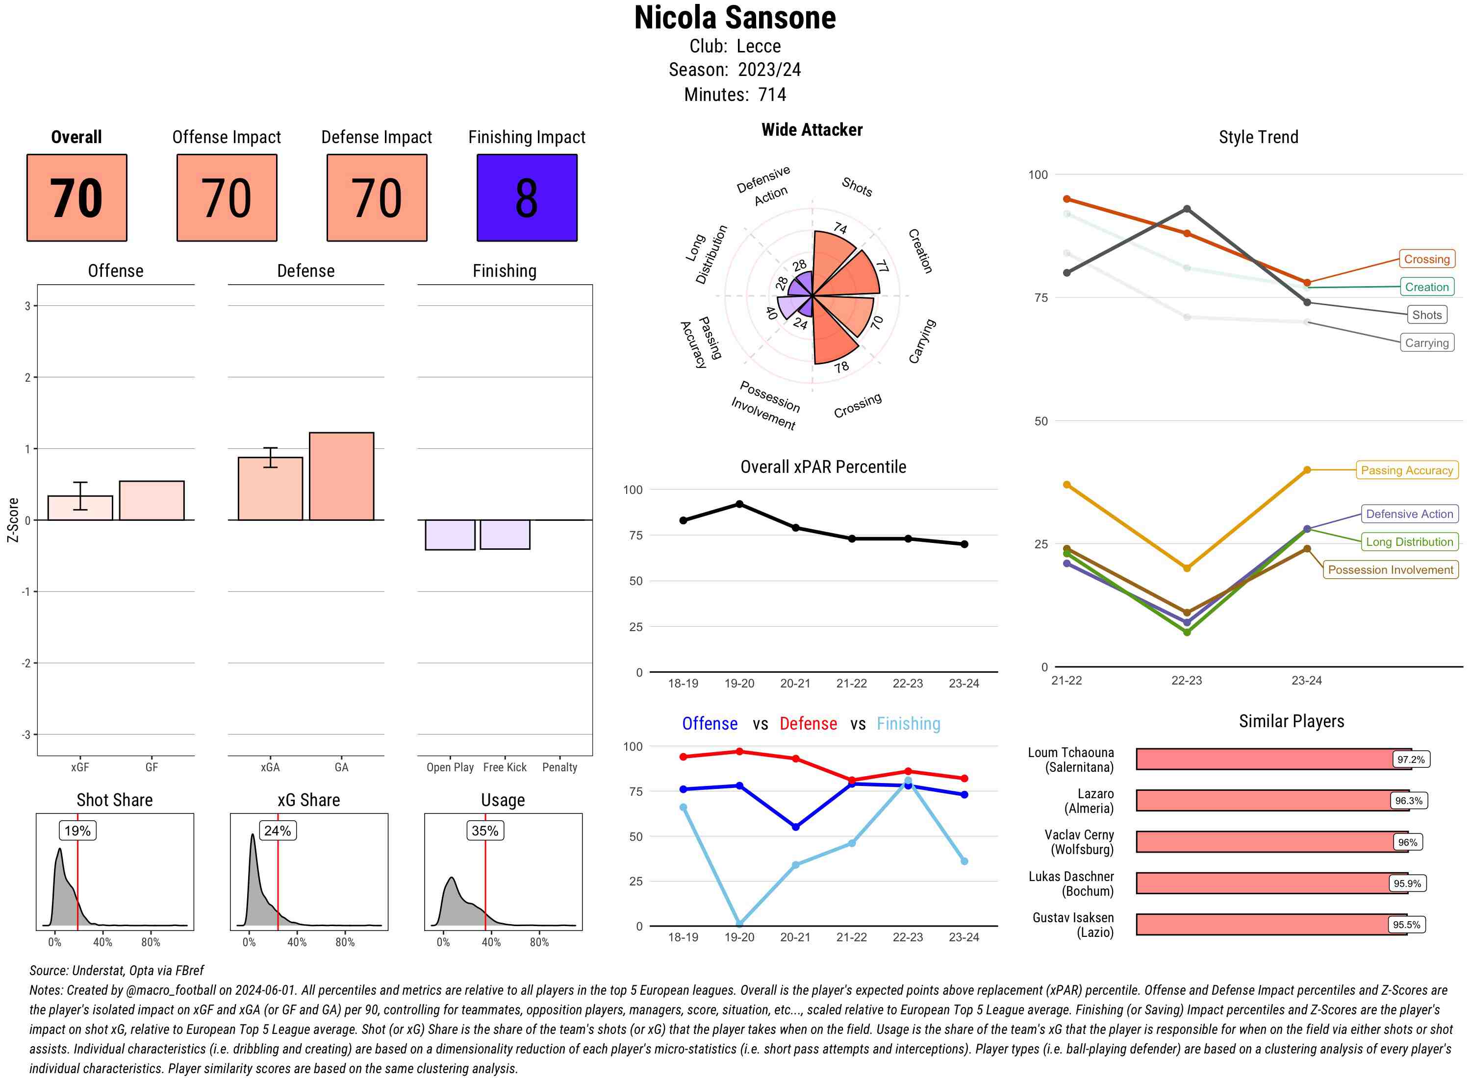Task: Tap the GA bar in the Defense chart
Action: point(341,476)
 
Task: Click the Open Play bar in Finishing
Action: point(450,535)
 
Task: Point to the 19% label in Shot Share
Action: point(77,831)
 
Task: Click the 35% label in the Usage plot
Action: point(484,831)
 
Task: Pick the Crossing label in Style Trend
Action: point(1426,259)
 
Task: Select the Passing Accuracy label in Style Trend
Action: point(1406,470)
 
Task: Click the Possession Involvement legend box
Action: point(1390,570)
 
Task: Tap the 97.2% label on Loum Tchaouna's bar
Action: point(1410,759)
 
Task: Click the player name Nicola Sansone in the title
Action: point(735,18)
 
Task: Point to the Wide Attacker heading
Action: point(812,130)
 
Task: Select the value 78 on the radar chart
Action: point(841,367)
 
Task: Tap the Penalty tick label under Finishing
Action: point(559,767)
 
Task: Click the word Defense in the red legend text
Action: point(808,724)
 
